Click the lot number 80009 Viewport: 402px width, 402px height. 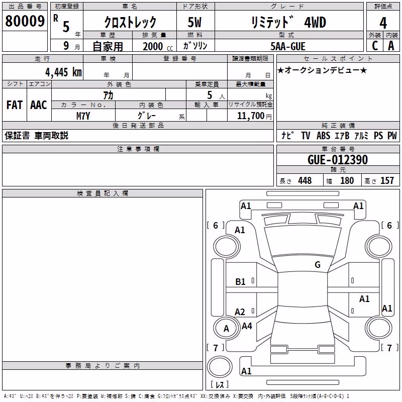point(25,21)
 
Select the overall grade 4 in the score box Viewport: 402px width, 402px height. point(383,23)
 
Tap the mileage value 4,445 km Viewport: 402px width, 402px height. point(64,72)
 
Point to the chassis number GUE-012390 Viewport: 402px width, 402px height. point(338,160)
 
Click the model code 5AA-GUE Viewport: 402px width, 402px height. point(288,46)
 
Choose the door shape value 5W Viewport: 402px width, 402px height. point(194,22)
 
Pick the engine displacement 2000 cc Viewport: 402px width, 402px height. point(158,46)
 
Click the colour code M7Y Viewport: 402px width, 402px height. point(83,116)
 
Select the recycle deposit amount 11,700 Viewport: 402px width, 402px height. point(251,116)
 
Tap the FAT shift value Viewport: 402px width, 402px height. point(15,105)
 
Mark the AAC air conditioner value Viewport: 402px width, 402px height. point(39,105)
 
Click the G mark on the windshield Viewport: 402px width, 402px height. point(318,265)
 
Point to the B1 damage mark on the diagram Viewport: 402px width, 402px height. point(240,282)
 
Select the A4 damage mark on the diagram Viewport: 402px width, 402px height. point(247,326)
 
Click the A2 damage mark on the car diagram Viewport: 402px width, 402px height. point(240,312)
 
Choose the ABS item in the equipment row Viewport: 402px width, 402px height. point(323,136)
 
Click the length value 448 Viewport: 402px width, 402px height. point(305,180)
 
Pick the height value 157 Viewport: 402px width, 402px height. point(387,180)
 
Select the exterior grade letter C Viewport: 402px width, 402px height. point(375,46)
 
